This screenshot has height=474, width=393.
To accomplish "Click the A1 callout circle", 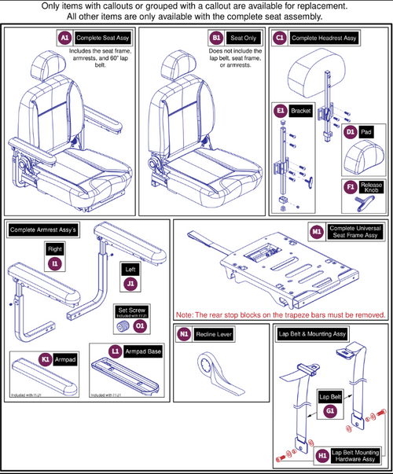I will tap(66, 38).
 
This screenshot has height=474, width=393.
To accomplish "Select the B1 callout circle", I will tap(216, 38).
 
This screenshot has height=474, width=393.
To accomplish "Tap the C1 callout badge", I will tap(280, 37).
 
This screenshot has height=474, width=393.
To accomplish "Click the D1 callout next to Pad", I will tap(351, 133).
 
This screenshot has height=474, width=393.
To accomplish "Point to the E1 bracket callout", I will tap(280, 112).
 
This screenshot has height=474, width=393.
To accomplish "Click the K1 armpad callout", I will tap(47, 358).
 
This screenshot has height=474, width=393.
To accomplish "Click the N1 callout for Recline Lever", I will tap(185, 333).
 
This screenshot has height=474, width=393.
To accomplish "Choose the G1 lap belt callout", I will tap(329, 410).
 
